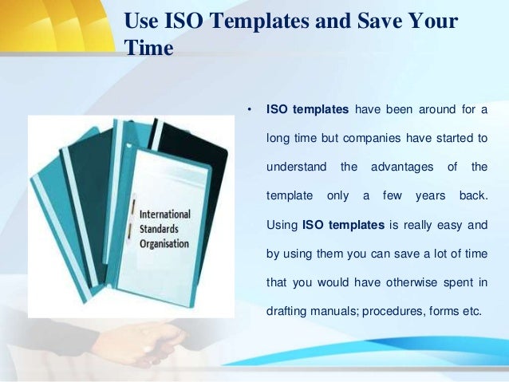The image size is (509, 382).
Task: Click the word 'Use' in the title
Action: [144, 21]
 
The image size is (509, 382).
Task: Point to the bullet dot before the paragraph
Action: [250, 109]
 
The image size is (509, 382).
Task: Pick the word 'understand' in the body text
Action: [296, 167]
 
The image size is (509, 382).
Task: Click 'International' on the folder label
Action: [164, 215]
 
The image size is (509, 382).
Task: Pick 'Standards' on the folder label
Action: [160, 230]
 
